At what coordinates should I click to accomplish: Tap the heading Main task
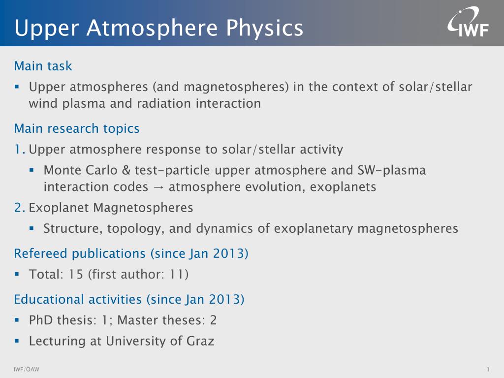click(43, 66)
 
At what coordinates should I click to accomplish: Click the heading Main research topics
click(77, 129)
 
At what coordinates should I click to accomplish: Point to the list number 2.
click(19, 208)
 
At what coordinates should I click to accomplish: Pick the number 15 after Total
click(76, 274)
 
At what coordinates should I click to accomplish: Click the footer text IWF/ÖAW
click(27, 370)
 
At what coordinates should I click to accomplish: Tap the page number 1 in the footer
click(488, 370)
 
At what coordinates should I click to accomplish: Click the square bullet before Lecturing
click(17, 340)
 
